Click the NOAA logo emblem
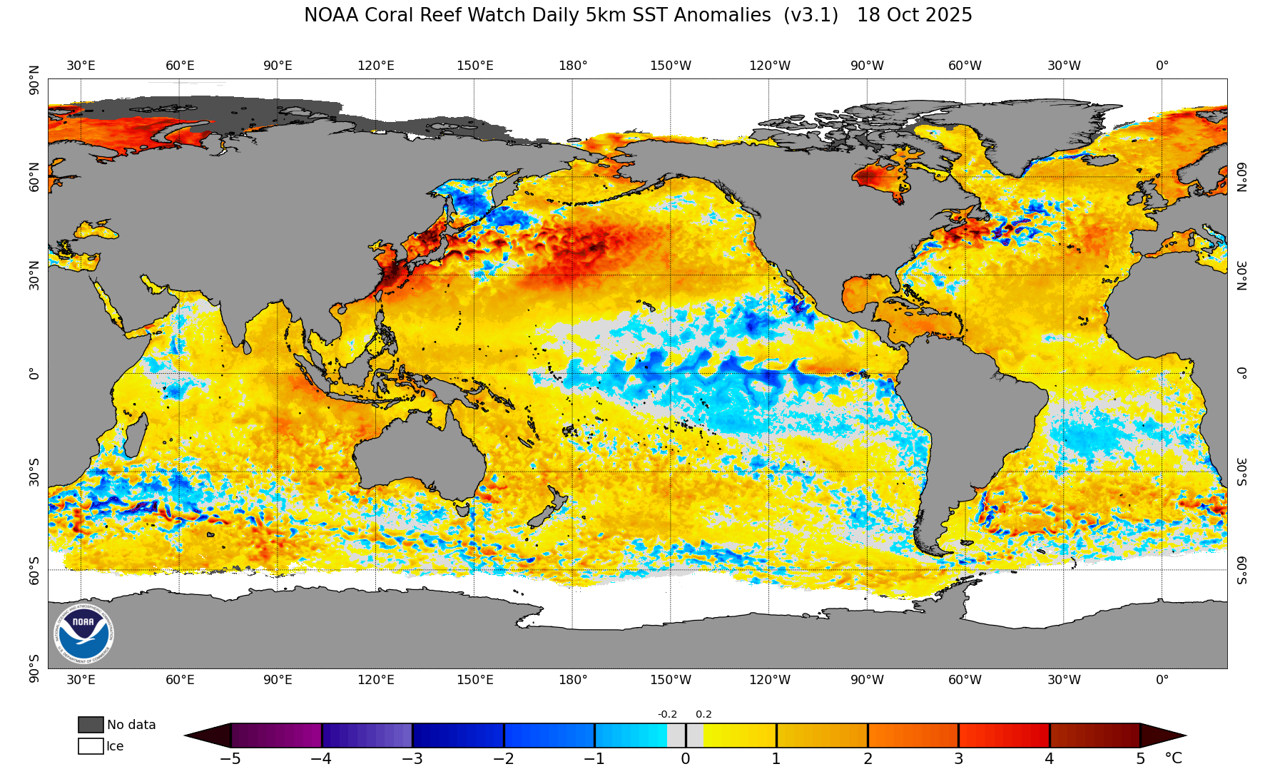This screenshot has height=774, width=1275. pyautogui.click(x=84, y=633)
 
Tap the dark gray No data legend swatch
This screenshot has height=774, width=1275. pyautogui.click(x=91, y=725)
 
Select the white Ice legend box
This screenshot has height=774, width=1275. pyautogui.click(x=91, y=746)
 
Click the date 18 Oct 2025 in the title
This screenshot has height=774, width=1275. pyautogui.click(x=914, y=15)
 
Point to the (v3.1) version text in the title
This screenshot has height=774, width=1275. pyautogui.click(x=811, y=15)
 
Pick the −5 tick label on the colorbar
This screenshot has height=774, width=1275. pyautogui.click(x=230, y=759)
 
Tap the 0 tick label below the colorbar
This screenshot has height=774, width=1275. pyautogui.click(x=686, y=759)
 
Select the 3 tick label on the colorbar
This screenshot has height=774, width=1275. pyautogui.click(x=959, y=759)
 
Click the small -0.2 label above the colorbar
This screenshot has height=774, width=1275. pyautogui.click(x=667, y=714)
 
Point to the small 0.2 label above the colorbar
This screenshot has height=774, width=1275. pyautogui.click(x=703, y=714)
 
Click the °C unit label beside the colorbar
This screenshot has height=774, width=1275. pyautogui.click(x=1173, y=758)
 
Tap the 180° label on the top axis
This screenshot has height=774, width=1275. pyautogui.click(x=573, y=66)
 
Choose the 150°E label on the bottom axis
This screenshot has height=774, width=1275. pyautogui.click(x=475, y=680)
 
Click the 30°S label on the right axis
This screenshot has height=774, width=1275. pyautogui.click(x=1241, y=472)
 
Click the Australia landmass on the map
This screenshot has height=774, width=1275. pyautogui.click(x=421, y=457)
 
